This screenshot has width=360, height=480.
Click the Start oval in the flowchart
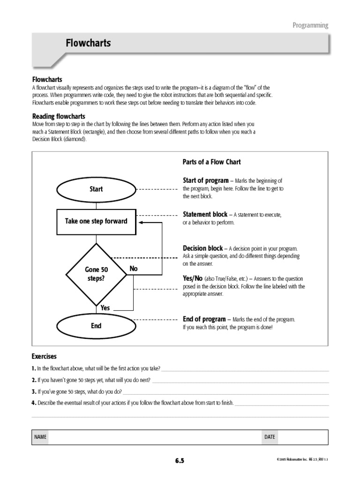[x=96, y=189]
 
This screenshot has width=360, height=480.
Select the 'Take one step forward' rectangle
[x=96, y=221]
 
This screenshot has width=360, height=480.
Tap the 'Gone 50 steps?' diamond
[x=96, y=274]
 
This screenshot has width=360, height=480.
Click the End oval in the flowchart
[x=96, y=325]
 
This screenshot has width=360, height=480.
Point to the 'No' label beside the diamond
[x=134, y=269]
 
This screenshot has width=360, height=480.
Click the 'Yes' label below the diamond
[x=105, y=308]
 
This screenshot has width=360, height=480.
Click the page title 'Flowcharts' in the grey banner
[x=88, y=43]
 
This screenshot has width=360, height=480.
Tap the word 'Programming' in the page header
[x=310, y=25]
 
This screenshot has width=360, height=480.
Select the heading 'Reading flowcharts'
[x=58, y=116]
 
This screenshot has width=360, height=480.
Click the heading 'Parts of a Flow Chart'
[x=211, y=162]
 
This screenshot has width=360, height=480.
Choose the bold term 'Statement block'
[x=205, y=214]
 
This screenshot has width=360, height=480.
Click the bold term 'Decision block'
[x=203, y=248]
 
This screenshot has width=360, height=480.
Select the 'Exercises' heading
[x=44, y=356]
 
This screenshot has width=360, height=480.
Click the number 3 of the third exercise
[x=33, y=391]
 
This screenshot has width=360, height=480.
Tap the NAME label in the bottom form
[x=40, y=437]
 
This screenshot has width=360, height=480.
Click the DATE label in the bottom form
[x=270, y=437]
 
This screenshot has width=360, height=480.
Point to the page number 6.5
[x=180, y=461]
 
